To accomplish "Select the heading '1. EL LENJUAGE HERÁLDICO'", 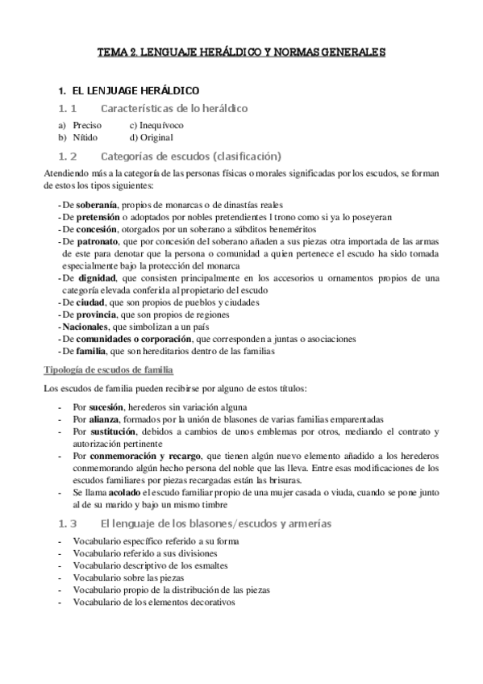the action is [130, 90].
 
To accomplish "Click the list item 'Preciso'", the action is [87, 126].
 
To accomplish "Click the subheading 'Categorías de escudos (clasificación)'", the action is [190, 156].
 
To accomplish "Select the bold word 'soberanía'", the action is [99, 205].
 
